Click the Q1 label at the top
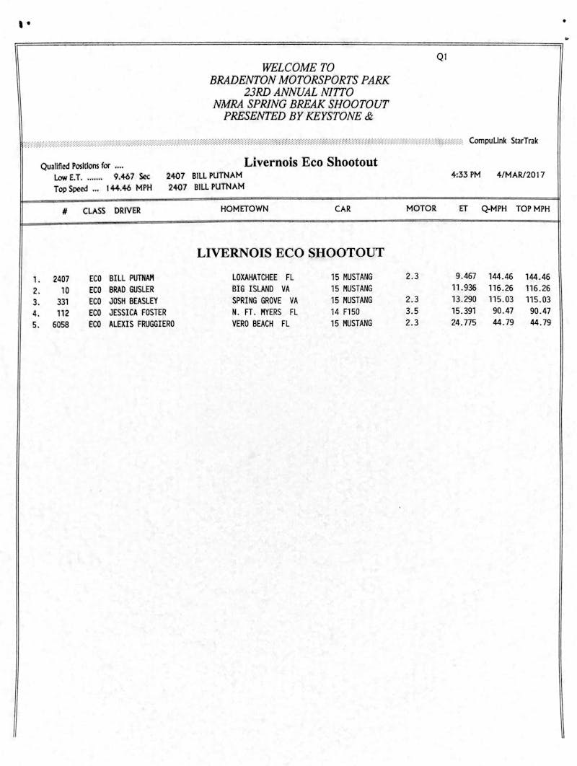(x=442, y=57)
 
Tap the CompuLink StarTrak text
(x=503, y=141)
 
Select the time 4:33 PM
(x=466, y=175)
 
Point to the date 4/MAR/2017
(x=521, y=175)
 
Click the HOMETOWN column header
(x=245, y=209)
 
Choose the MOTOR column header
(x=421, y=209)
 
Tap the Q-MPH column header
(x=495, y=209)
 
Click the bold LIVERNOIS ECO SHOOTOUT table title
(x=290, y=253)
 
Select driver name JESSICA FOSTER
(x=137, y=312)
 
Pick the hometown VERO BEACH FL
(x=260, y=324)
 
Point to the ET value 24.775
(x=464, y=323)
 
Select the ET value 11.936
(x=464, y=288)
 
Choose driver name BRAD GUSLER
(x=131, y=289)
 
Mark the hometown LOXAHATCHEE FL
(x=264, y=277)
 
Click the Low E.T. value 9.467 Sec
(x=131, y=176)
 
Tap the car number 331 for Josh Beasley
(x=63, y=301)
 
